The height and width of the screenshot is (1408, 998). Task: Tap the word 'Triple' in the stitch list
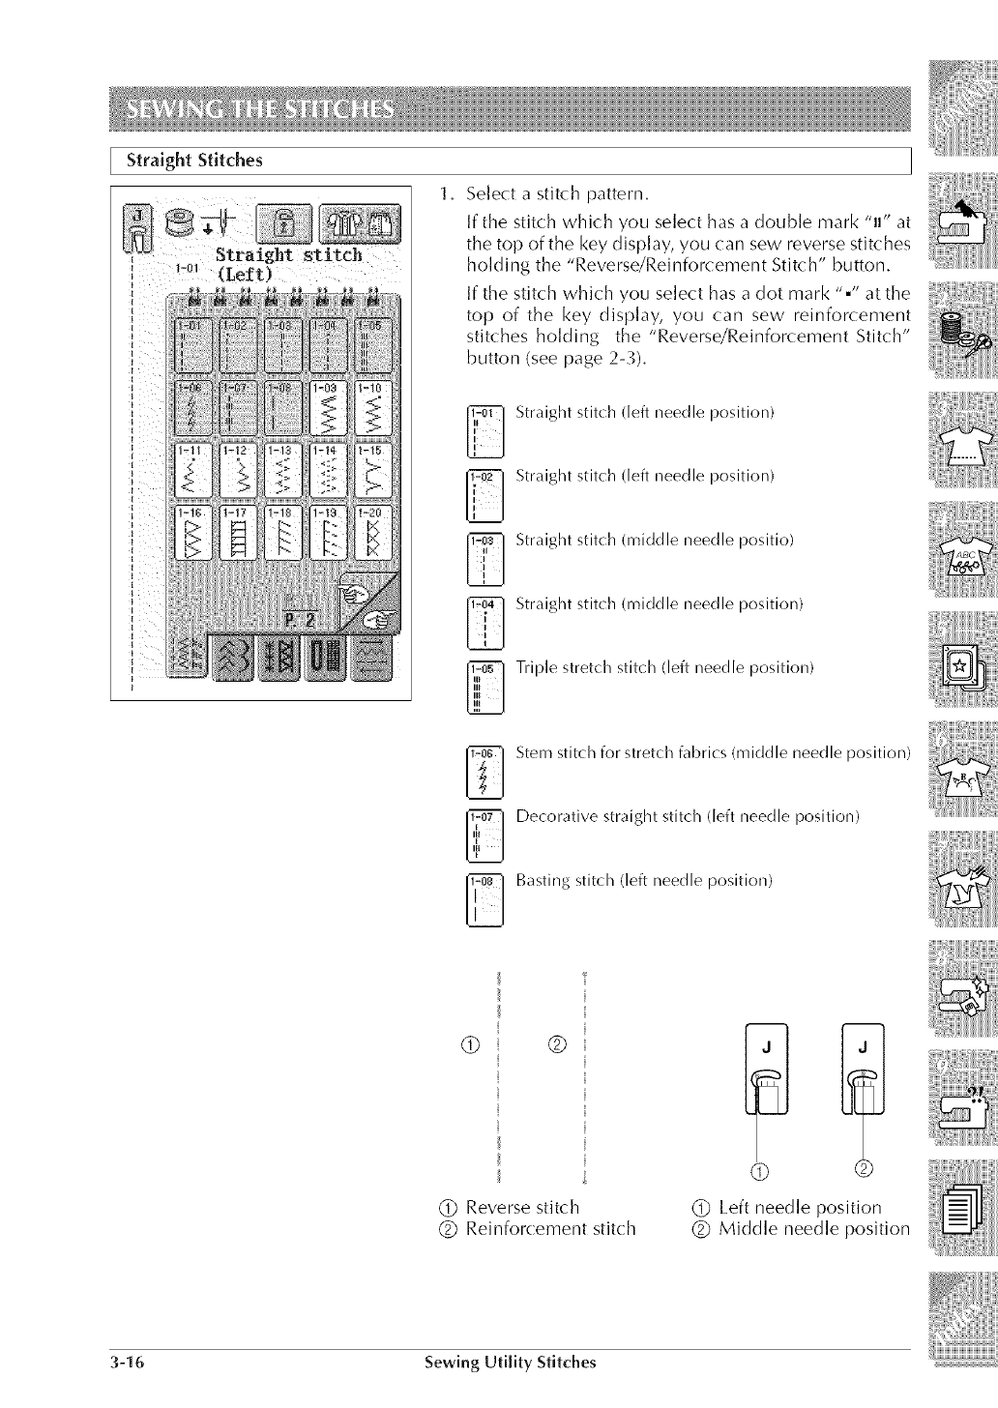pos(535,668)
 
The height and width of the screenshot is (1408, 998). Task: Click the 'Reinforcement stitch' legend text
pos(550,1229)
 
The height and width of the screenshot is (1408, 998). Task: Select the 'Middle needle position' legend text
pos(814,1229)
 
